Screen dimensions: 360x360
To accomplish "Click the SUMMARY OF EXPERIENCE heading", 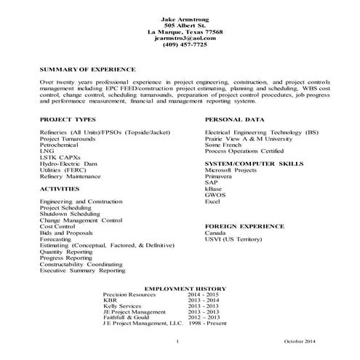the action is (x=88, y=68).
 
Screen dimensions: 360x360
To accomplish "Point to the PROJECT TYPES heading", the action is (x=67, y=118).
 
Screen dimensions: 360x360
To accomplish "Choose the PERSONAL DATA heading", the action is (x=233, y=118).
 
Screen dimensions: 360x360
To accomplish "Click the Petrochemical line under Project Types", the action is (x=61, y=144).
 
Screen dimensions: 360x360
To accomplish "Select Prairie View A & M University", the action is (x=243, y=137).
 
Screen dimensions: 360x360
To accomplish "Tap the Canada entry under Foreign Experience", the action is (x=216, y=233).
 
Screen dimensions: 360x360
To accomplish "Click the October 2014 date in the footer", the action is (x=300, y=341).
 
